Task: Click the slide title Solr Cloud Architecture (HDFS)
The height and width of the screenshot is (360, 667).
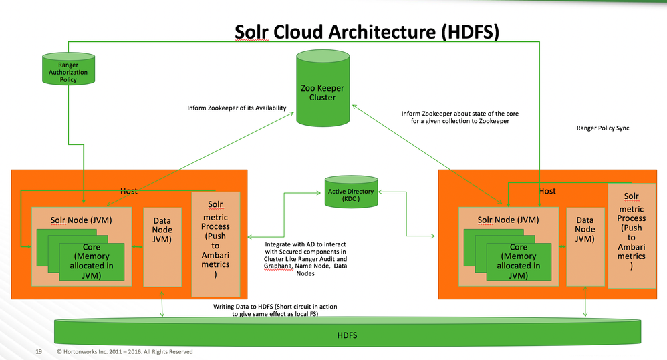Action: tap(367, 33)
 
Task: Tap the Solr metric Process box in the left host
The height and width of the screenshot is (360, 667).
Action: tap(215, 244)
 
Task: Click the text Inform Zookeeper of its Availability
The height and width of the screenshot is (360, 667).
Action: tap(237, 107)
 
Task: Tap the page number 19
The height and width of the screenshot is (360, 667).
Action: tap(39, 351)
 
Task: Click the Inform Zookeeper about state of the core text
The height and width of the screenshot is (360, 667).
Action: tap(460, 118)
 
